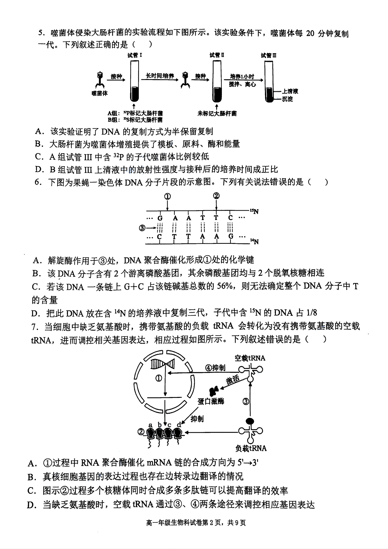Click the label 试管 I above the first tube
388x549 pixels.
click(x=135, y=55)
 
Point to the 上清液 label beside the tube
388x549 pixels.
click(x=290, y=91)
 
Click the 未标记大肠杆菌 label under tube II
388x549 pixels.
click(x=217, y=114)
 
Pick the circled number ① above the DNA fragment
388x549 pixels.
click(x=167, y=196)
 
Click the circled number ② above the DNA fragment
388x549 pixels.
click(x=216, y=196)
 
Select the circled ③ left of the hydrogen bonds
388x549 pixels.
click(x=142, y=228)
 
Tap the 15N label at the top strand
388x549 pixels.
click(x=254, y=211)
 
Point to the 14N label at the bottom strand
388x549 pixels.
click(x=254, y=242)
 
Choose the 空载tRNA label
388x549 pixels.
click(x=250, y=358)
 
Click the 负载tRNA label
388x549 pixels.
click(x=251, y=448)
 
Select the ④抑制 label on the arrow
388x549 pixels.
click(x=215, y=368)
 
